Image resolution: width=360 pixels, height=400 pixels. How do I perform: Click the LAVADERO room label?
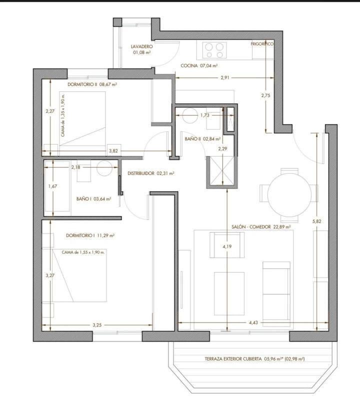[142, 46]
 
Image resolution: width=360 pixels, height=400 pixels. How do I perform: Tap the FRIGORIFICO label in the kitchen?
[262, 44]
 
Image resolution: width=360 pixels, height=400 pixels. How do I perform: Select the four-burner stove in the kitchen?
[214, 50]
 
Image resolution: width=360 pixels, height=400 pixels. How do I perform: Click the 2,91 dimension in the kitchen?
[225, 78]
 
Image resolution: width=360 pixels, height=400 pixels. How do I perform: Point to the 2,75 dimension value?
[265, 95]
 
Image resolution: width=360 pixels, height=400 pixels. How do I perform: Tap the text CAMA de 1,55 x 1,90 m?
[83, 252]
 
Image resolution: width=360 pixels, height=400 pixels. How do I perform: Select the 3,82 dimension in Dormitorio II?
[113, 151]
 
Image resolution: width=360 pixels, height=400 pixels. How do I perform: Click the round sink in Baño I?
[104, 168]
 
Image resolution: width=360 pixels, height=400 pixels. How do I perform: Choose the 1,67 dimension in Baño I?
[52, 186]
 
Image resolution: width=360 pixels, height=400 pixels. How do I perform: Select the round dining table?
[289, 195]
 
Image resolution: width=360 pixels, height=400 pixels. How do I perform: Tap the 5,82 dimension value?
[316, 221]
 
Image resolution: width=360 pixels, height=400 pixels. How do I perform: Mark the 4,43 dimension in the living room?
[253, 322]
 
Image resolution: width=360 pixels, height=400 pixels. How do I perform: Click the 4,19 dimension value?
[227, 246]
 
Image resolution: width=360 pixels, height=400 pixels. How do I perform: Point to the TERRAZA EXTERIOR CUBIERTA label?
[233, 359]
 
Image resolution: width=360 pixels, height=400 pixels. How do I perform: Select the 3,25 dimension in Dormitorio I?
[97, 325]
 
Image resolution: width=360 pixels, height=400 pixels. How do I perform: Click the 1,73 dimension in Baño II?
[204, 115]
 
